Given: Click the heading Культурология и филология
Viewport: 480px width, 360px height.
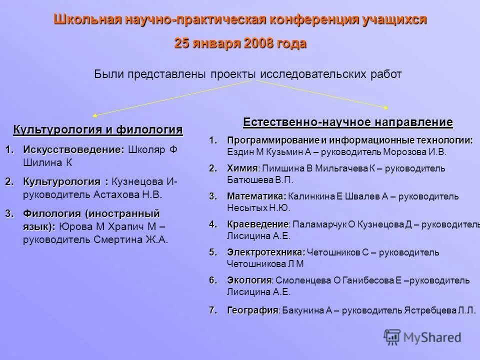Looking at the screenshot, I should click(97, 130).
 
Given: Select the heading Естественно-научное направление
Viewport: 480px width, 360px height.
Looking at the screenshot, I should click(348, 122).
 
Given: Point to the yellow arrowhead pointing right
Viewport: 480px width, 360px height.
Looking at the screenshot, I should click(386, 106).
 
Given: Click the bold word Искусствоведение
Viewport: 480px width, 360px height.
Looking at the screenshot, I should click(73, 149).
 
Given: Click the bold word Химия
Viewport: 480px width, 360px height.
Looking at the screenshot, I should click(242, 168).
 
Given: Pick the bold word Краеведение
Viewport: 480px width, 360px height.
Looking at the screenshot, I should click(257, 224).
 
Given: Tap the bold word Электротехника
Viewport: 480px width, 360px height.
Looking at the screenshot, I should click(265, 252).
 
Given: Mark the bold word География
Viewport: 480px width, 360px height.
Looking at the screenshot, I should click(252, 310).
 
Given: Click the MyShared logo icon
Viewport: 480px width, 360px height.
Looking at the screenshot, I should click(393, 336).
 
